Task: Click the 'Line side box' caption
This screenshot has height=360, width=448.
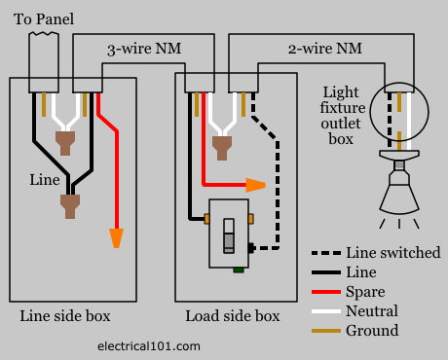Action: point(65,316)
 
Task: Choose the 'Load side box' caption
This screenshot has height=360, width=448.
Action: point(233,316)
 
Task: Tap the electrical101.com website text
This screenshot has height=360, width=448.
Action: point(150,344)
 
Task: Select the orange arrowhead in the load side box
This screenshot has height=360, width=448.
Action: point(256,185)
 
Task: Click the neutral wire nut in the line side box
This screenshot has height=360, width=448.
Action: point(66,144)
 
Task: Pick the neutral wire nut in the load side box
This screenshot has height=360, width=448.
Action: point(221,145)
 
